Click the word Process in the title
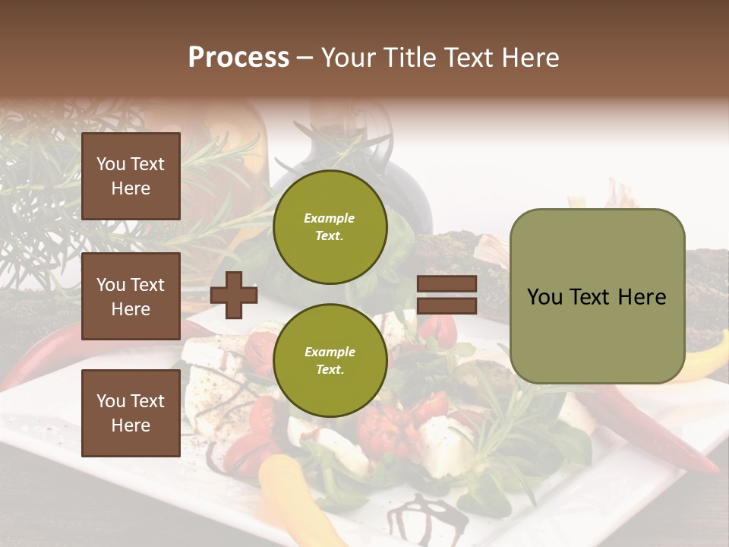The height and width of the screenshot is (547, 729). [238, 58]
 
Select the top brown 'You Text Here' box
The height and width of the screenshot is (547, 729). [131, 176]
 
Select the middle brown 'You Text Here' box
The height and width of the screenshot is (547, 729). [131, 296]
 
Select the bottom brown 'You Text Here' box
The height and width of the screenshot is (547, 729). [131, 413]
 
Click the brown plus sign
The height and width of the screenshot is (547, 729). [234, 295]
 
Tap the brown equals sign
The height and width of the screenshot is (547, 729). [447, 295]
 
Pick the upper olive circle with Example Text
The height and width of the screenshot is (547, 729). [330, 227]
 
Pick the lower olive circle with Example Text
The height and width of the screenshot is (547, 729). [330, 361]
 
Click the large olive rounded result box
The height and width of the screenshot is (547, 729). [597, 296]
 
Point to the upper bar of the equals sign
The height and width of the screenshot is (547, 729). [447, 284]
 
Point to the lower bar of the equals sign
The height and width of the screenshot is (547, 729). [447, 306]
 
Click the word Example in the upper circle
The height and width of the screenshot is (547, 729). [330, 219]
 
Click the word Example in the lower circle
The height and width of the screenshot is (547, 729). [330, 353]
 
